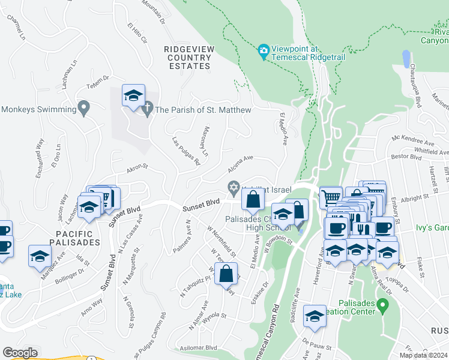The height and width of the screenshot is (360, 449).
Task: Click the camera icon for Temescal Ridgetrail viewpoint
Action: coord(263,50)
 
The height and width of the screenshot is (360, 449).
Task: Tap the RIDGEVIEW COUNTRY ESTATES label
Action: coord(188,58)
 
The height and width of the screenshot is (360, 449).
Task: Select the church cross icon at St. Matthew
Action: coord(147,110)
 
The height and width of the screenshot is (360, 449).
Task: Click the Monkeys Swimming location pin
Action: coord(84,109)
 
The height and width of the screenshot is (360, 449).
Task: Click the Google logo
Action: coord(20,352)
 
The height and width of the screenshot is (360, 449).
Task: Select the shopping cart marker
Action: coord(330,197)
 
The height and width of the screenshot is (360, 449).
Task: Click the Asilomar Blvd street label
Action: coord(197,347)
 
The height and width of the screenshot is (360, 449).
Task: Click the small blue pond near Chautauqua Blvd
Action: coord(406,58)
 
